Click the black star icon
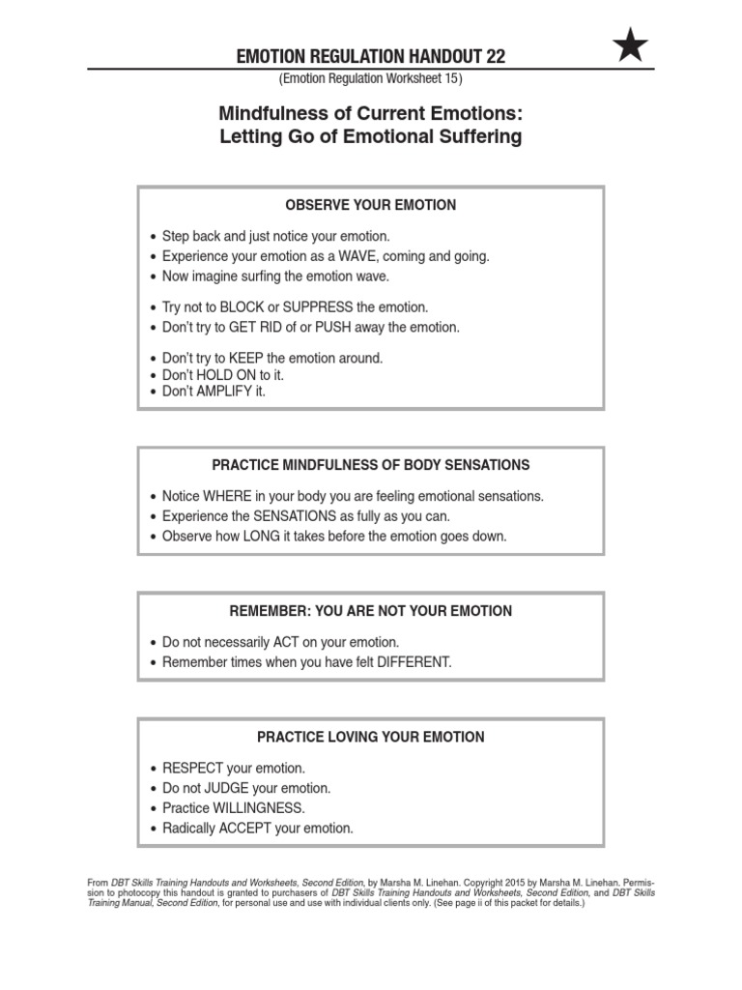(x=631, y=45)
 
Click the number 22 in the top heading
(x=495, y=57)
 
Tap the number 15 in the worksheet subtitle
(x=452, y=77)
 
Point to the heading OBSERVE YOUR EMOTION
(x=371, y=205)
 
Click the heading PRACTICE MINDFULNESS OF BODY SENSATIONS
(x=371, y=465)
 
